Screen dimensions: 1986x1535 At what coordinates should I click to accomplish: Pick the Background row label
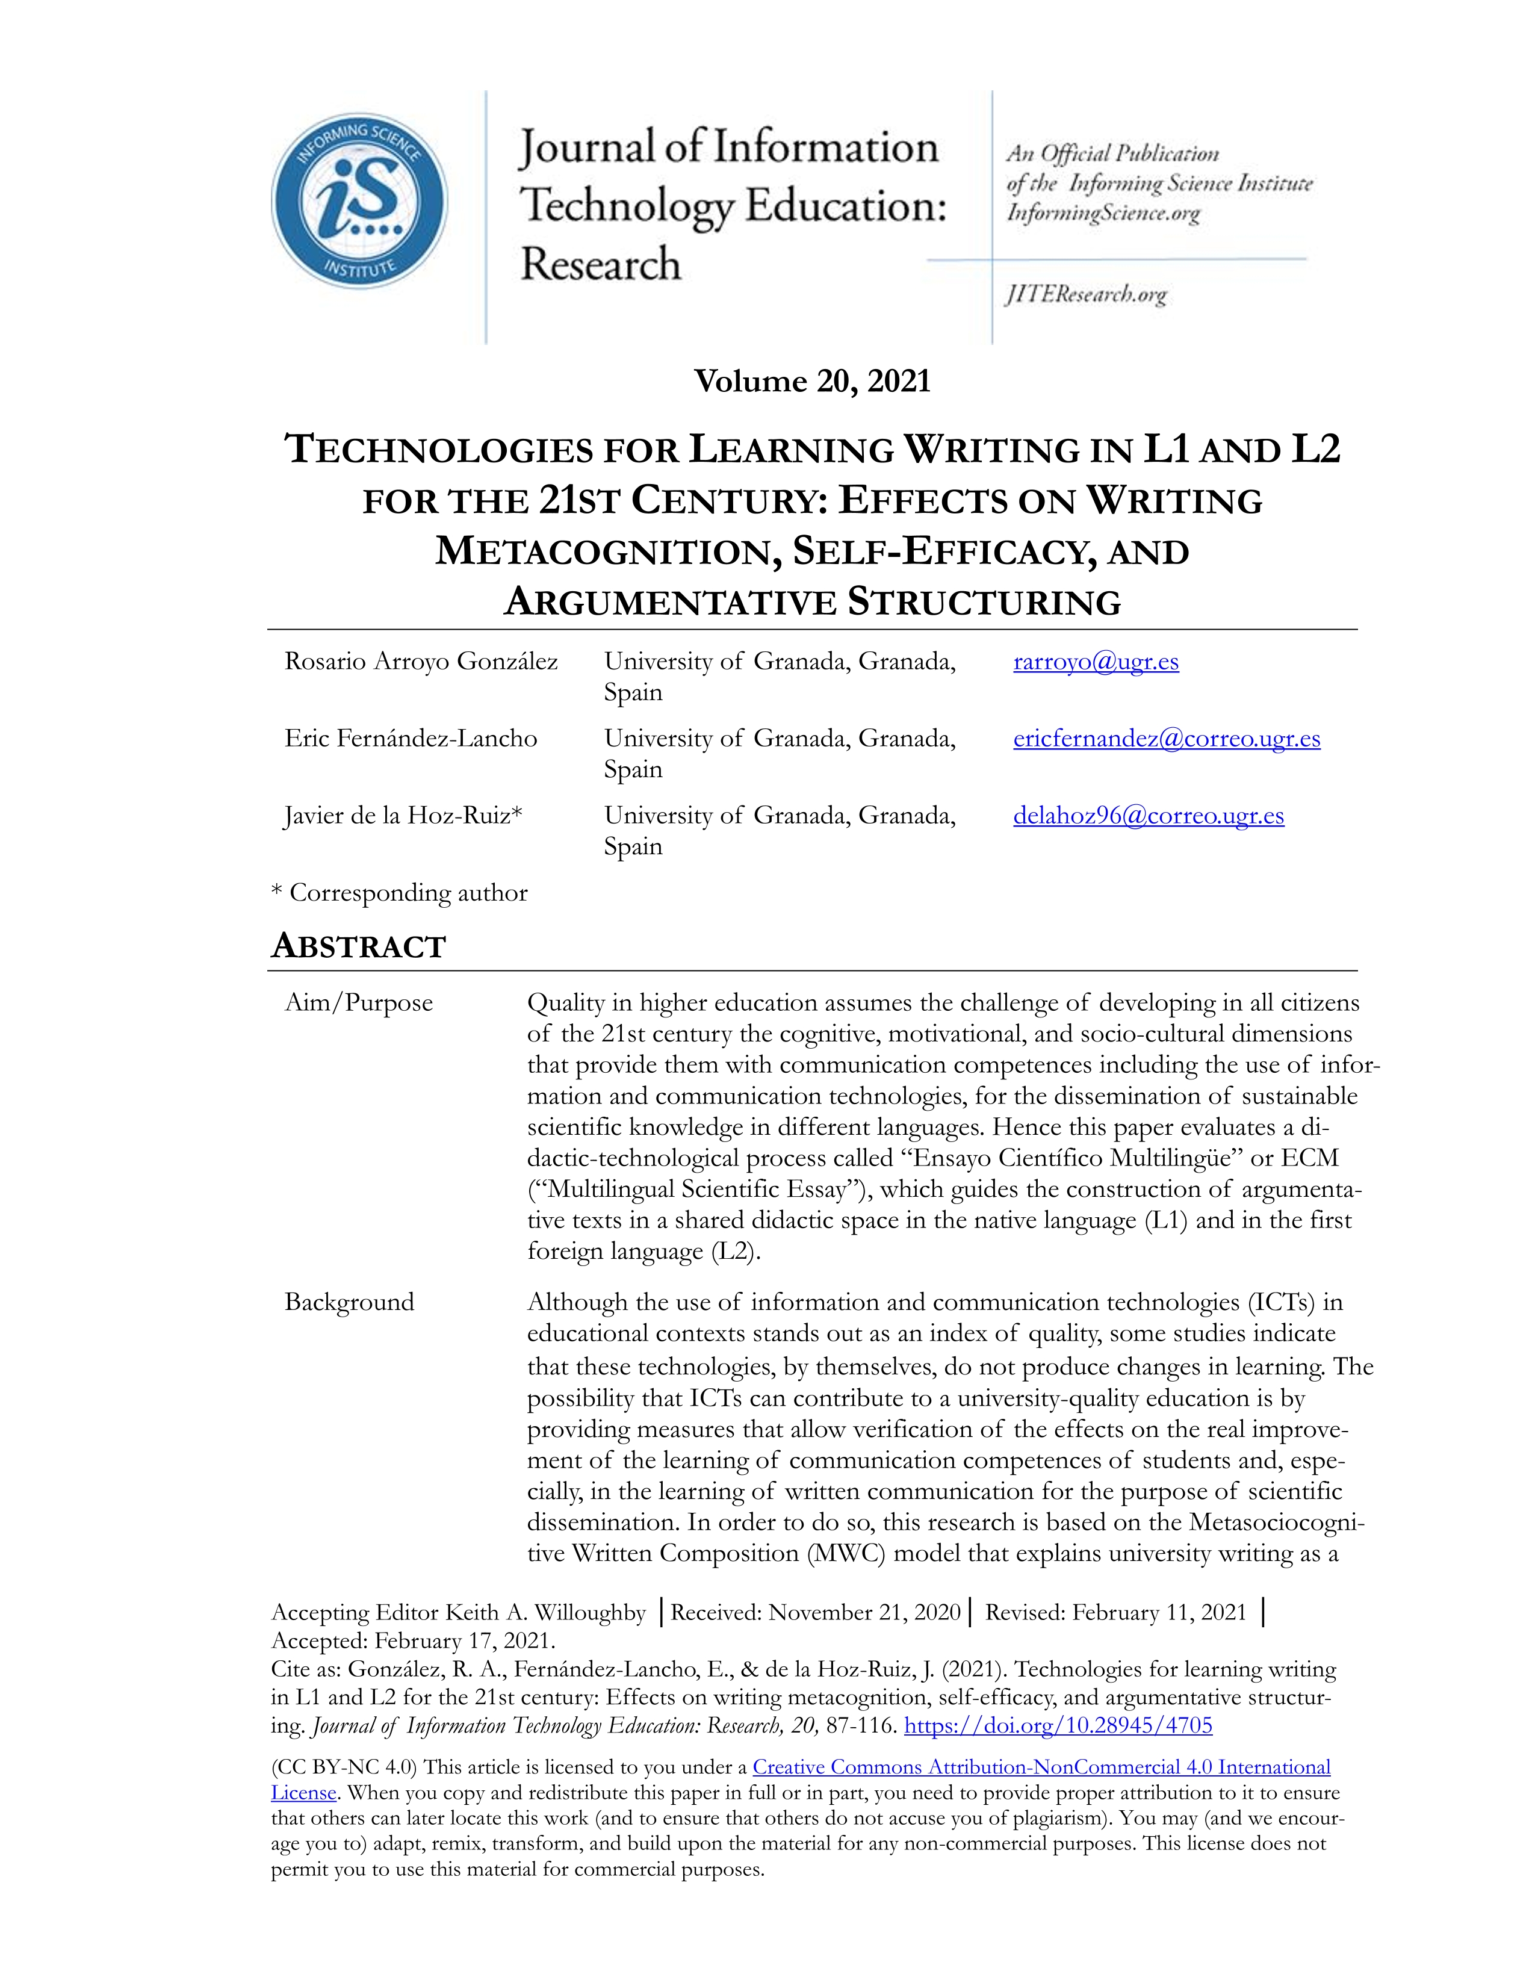point(349,1302)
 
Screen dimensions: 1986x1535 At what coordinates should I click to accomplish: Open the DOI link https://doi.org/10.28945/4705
point(1058,1725)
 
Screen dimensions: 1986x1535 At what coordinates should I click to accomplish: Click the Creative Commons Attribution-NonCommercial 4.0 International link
point(1041,1767)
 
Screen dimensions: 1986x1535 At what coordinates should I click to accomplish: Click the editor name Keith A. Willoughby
point(545,1612)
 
